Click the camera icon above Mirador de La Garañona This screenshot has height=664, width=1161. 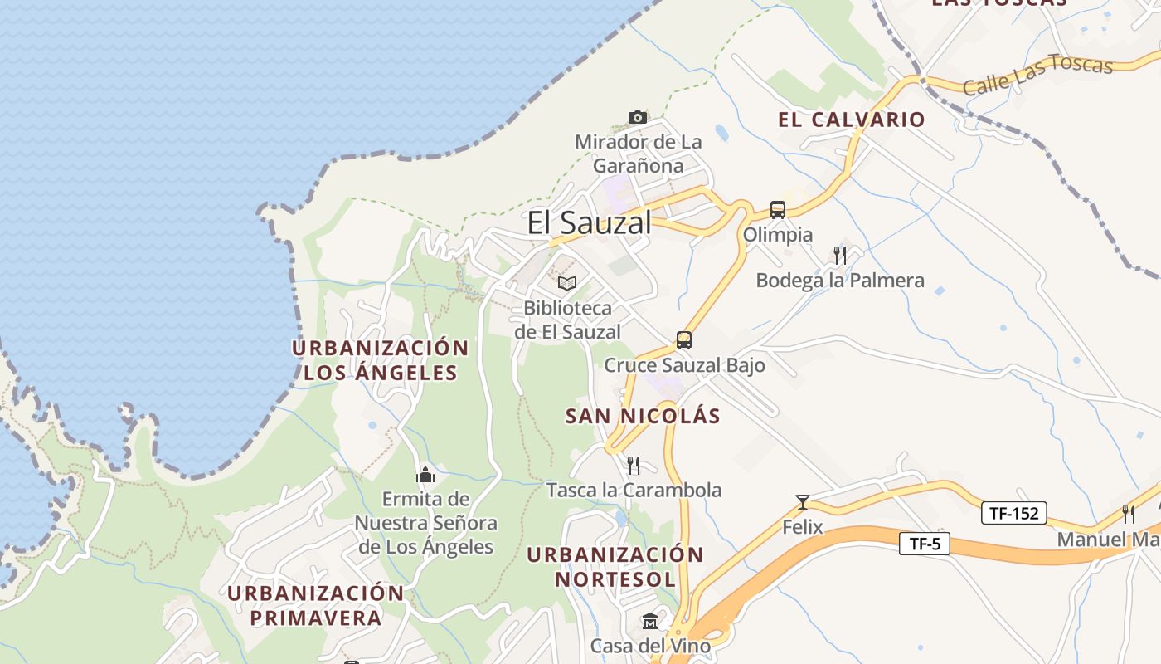click(637, 117)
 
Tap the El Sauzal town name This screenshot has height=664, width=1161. click(589, 222)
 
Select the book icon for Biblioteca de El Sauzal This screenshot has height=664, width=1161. click(567, 283)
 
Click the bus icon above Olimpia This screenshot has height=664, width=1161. click(777, 210)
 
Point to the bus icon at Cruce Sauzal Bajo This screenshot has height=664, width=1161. click(683, 339)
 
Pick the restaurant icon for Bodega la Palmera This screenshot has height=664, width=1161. click(840, 255)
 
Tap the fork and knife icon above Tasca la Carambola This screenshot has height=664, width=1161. click(634, 465)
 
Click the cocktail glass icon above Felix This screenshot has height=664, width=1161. click(802, 501)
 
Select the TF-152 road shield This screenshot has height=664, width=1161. click(1013, 513)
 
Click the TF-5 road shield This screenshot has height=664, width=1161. click(924, 544)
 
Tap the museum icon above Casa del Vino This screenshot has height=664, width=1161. click(650, 621)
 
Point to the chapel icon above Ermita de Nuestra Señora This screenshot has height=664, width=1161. click(425, 475)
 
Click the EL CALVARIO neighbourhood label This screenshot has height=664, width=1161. click(851, 120)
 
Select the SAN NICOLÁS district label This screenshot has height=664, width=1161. click(643, 416)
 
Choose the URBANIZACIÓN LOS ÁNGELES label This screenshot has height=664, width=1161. click(380, 360)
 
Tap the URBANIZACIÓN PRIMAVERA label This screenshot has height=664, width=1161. click(315, 606)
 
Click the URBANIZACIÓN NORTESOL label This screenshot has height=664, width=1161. click(615, 566)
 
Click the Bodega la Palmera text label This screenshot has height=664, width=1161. click(839, 281)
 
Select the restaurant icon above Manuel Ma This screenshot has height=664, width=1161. click(1128, 514)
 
